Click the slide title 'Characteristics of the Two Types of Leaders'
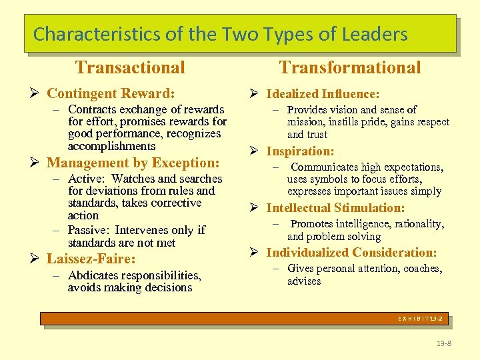(220, 34)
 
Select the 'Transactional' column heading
(130, 67)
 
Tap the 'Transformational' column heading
(350, 67)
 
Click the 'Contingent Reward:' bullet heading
(111, 93)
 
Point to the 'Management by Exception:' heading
(133, 163)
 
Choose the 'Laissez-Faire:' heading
(91, 259)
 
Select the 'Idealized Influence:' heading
(323, 94)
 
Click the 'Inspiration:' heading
(300, 151)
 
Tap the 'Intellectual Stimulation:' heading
(335, 208)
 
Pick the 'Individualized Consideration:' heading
(351, 253)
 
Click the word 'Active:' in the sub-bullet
(87, 179)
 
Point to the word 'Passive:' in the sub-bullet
(89, 231)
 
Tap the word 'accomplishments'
(111, 146)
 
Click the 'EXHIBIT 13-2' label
(420, 319)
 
